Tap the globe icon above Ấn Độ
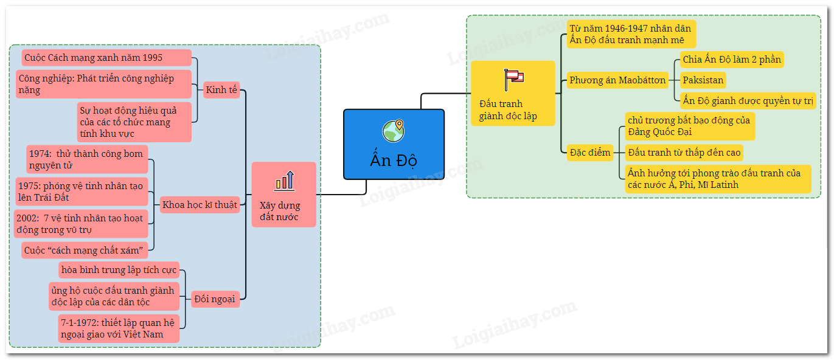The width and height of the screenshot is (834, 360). click(x=394, y=131)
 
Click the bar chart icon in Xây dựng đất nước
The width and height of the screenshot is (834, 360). click(x=284, y=180)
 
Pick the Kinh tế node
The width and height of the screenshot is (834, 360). click(x=221, y=90)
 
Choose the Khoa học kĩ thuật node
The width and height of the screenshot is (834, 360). click(x=200, y=204)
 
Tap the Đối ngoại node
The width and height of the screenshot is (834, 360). click(x=215, y=299)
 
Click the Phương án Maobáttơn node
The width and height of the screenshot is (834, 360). click(x=617, y=80)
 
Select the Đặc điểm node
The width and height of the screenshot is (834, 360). click(x=589, y=152)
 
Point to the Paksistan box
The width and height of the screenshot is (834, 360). click(x=703, y=80)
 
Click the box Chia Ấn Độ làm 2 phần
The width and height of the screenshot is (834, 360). click(x=731, y=59)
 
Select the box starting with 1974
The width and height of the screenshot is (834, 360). click(x=87, y=159)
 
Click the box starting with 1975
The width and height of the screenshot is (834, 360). click(x=82, y=192)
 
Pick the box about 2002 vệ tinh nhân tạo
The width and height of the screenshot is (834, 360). click(x=80, y=223)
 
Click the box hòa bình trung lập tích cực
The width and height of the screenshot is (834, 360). click(x=119, y=269)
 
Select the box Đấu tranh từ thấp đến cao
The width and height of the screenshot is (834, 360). click(x=684, y=152)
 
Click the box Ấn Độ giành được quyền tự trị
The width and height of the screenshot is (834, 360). click(x=748, y=100)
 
